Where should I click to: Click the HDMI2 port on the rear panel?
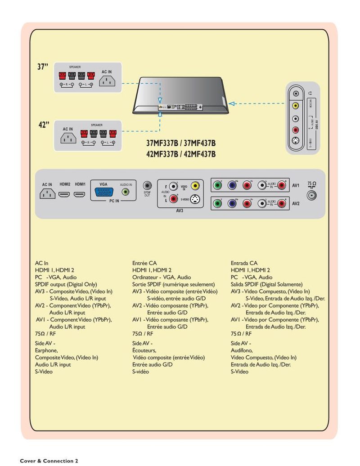[65, 195]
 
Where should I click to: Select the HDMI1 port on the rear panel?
[80, 195]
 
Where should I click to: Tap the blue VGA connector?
[104, 193]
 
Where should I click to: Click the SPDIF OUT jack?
[147, 185]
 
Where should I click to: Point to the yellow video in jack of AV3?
[194, 185]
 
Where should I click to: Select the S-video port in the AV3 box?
[194, 200]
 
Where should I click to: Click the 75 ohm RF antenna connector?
[311, 196]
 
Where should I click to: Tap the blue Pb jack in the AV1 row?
[232, 185]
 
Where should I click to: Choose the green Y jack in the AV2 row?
[217, 203]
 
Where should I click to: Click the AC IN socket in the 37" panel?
[107, 81]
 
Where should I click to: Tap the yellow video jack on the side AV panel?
[295, 106]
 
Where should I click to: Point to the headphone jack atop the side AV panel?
[295, 94]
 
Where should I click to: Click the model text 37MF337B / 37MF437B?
[181, 144]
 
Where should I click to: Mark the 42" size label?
[43, 125]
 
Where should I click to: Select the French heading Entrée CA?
[144, 263]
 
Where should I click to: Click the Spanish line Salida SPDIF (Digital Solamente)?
[266, 285]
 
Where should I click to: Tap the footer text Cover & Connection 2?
[49, 461]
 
